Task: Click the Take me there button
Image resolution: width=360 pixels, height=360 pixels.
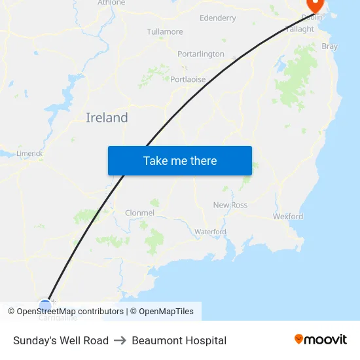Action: pos(180,161)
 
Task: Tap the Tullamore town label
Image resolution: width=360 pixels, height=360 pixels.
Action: pos(165,31)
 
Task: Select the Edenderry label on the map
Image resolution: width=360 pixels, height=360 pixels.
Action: pos(218,18)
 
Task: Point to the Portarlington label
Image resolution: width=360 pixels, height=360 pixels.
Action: pos(201,54)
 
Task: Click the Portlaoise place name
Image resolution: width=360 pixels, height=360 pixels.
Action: pos(188,79)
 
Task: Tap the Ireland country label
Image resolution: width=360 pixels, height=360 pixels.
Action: pos(107,118)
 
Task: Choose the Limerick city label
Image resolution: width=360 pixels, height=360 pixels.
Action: pos(29,153)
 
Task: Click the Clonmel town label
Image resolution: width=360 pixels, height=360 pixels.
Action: pos(139,213)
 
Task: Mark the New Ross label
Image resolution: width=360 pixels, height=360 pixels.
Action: pos(230,205)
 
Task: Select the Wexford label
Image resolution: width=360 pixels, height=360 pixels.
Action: pos(288,216)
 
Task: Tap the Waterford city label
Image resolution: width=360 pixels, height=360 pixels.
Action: pos(210,232)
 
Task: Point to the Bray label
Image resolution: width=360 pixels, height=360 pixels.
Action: pos(330,46)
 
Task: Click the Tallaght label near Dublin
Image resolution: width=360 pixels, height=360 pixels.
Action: pos(300,29)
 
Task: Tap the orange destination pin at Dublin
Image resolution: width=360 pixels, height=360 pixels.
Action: pos(315,5)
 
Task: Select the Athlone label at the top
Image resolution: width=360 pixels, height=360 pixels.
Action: pos(111,3)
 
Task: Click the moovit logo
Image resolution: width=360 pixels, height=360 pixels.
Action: pos(321,340)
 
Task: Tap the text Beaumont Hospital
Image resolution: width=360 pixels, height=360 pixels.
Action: pos(179,340)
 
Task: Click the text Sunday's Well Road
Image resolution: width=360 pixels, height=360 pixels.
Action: pos(61,340)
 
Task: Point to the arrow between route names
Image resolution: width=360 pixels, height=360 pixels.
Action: pos(120,340)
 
